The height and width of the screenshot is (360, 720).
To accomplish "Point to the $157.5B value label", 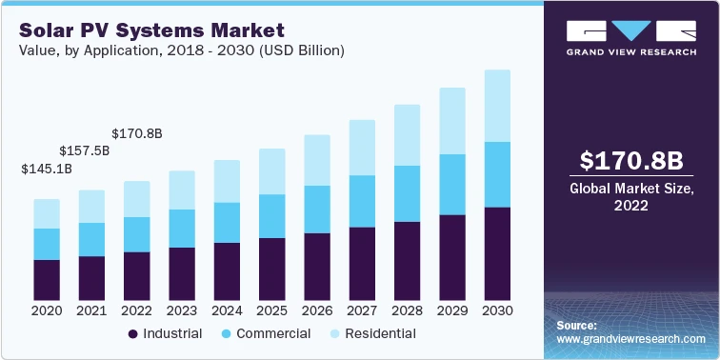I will click(85, 150).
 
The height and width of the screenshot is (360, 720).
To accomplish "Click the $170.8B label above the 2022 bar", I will click(137, 133).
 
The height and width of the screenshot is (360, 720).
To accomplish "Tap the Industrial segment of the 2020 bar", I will click(47, 279).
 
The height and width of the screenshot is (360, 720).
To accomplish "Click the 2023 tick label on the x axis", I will click(181, 311).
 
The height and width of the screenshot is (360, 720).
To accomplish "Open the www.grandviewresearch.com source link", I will click(631, 339).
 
